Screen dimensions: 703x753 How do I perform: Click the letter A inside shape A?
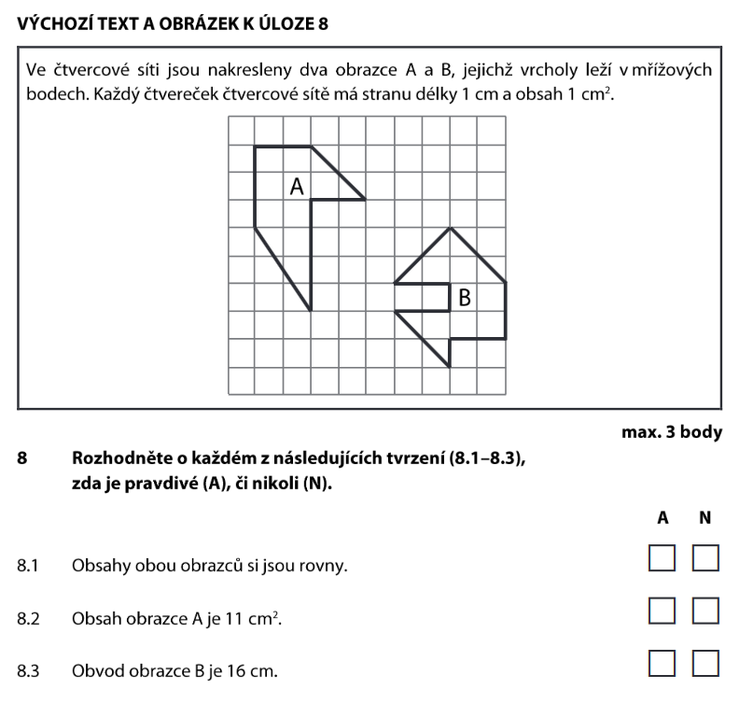(x=298, y=187)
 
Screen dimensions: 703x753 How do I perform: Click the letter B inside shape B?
(x=465, y=299)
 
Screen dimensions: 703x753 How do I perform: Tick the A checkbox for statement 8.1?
(x=662, y=559)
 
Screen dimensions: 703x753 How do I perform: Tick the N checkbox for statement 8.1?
(x=707, y=559)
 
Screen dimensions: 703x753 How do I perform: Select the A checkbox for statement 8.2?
(x=662, y=612)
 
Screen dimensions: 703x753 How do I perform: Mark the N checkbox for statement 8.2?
(x=707, y=612)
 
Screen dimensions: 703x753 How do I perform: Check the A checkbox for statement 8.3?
(x=662, y=663)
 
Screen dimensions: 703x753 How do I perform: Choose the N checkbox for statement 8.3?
(x=707, y=663)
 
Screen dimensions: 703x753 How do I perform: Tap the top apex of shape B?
(x=450, y=228)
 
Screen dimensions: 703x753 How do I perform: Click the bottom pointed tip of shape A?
(x=310, y=309)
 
